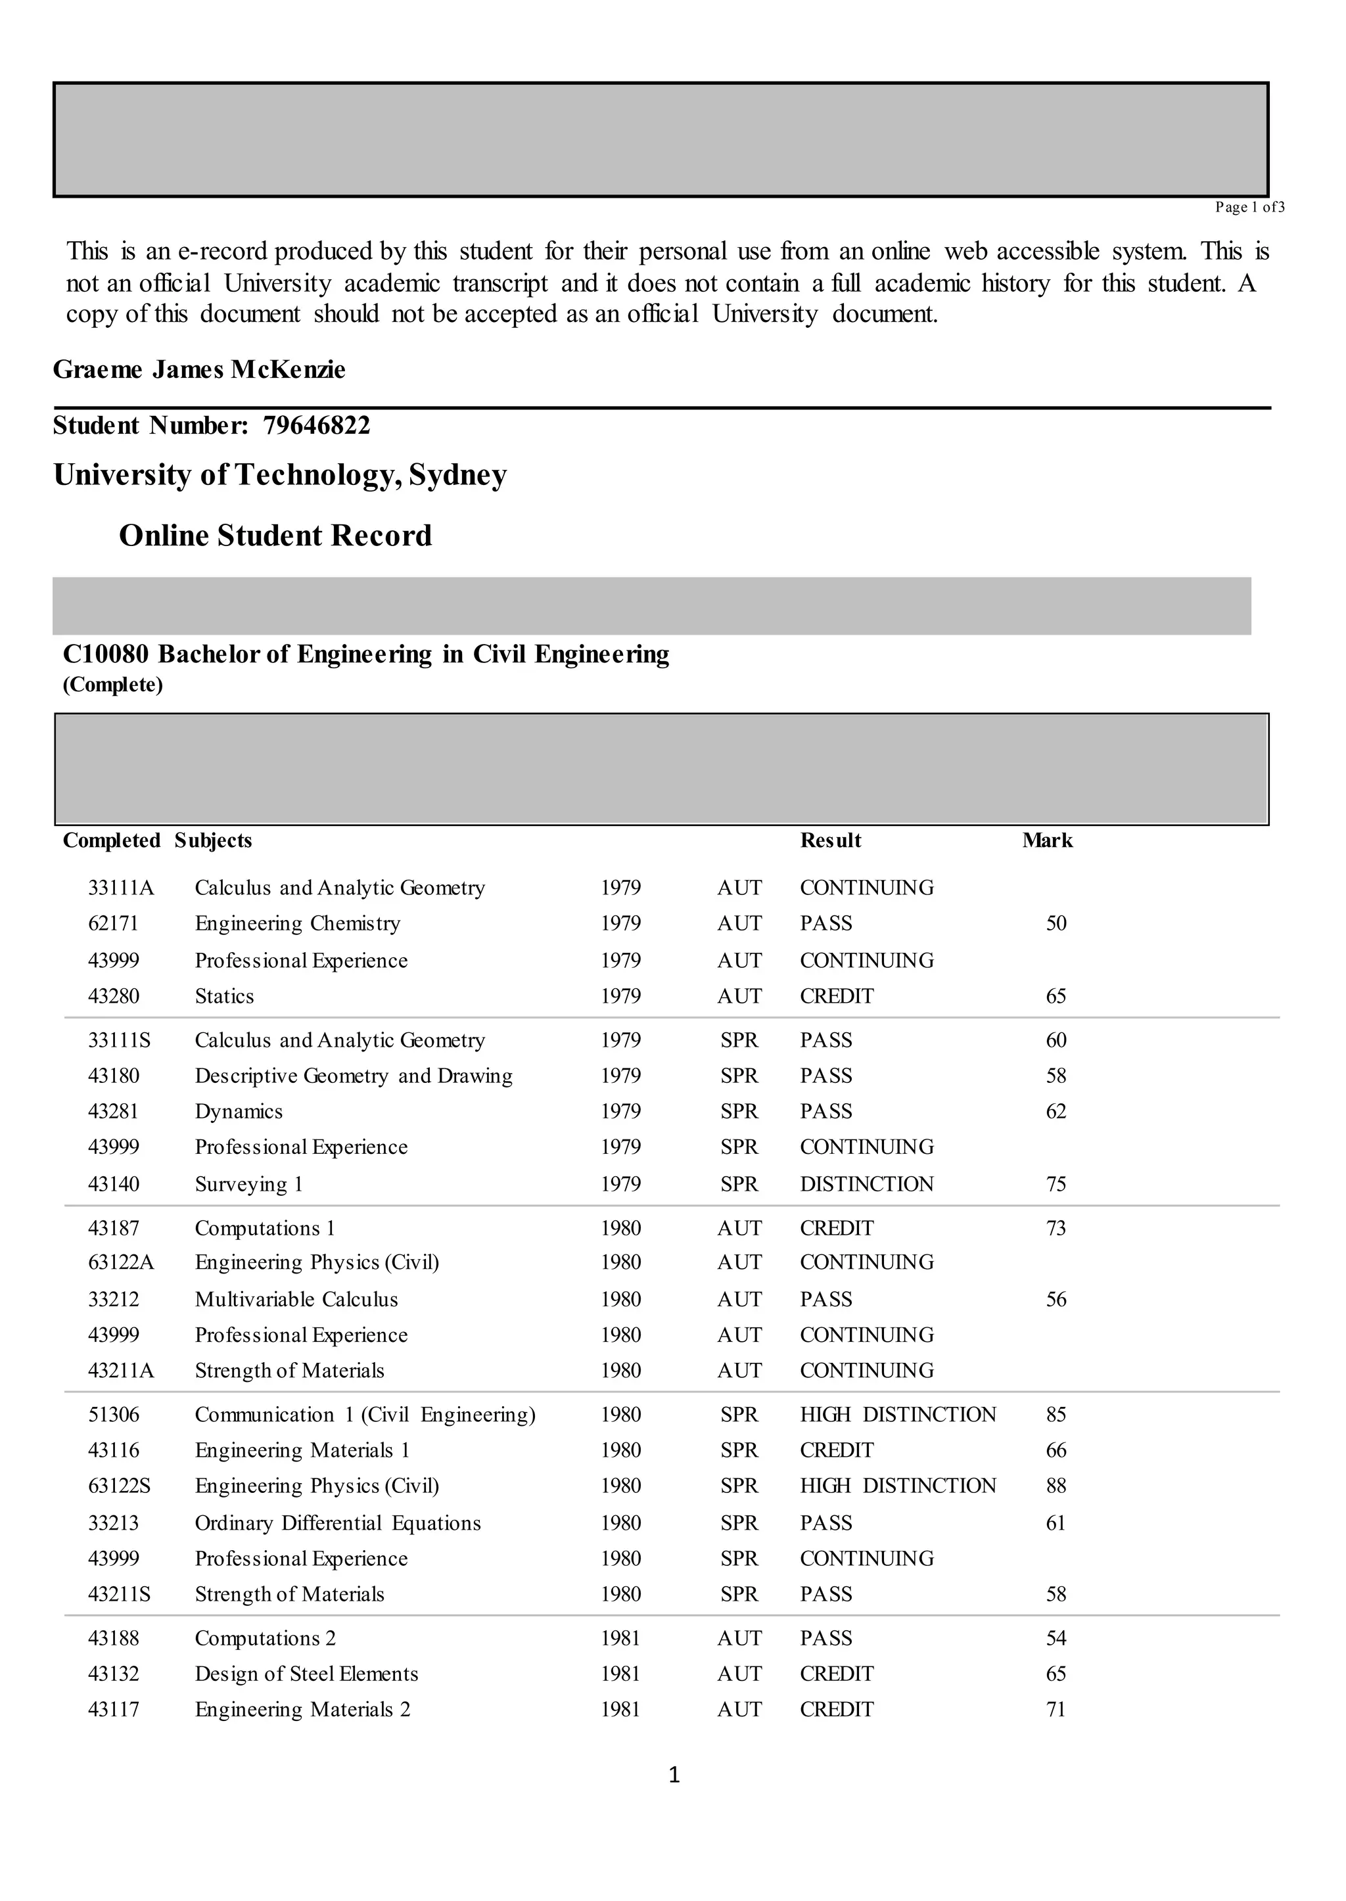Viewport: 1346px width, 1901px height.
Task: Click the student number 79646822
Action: [x=317, y=426]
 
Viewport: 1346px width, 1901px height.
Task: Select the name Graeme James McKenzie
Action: [x=199, y=369]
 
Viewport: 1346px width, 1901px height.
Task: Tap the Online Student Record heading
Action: [x=275, y=536]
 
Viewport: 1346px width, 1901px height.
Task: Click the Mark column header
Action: [x=1047, y=840]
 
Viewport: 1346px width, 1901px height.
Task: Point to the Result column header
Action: [x=831, y=840]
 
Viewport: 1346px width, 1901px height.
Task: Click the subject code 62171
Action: [x=114, y=923]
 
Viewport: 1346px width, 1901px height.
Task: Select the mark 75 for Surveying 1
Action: [x=1056, y=1184]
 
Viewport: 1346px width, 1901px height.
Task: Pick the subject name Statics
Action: [x=225, y=996]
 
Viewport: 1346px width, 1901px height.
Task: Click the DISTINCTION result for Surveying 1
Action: [x=866, y=1184]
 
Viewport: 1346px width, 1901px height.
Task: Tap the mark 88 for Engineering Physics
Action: [x=1056, y=1486]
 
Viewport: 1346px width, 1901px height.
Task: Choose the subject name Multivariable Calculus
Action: [x=296, y=1299]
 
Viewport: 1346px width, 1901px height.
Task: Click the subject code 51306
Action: [x=114, y=1415]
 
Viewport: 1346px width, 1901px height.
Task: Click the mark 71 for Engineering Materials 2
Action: [x=1056, y=1710]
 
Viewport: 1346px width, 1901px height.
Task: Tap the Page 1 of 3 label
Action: [x=1249, y=207]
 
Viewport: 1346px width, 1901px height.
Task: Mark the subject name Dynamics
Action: [x=239, y=1111]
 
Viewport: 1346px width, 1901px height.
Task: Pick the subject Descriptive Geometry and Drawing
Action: [x=353, y=1076]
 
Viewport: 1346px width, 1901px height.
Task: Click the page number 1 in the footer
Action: [x=674, y=1775]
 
